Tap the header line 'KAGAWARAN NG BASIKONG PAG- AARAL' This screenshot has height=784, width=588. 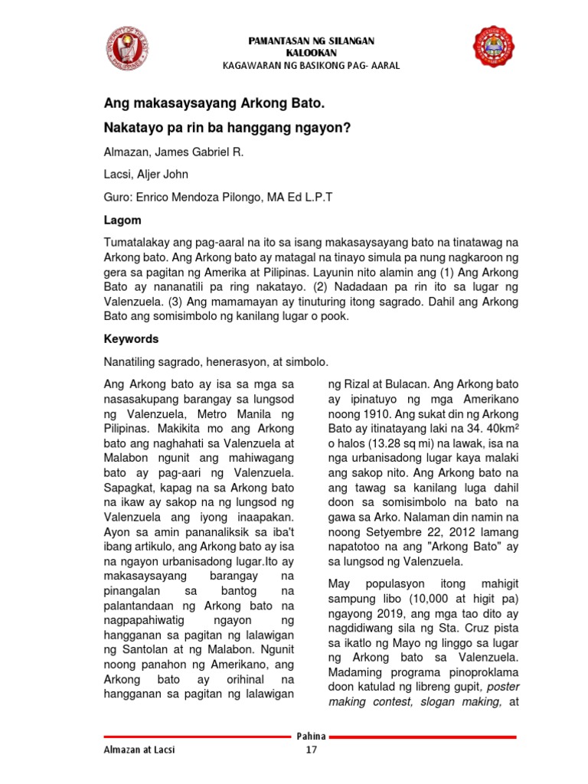(311, 66)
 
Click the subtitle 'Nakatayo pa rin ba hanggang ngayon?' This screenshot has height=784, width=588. (227, 128)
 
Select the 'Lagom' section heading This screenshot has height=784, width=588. (122, 220)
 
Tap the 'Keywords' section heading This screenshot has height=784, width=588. (131, 338)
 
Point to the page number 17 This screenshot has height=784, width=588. (311, 750)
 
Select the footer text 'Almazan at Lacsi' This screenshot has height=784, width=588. (139, 750)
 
